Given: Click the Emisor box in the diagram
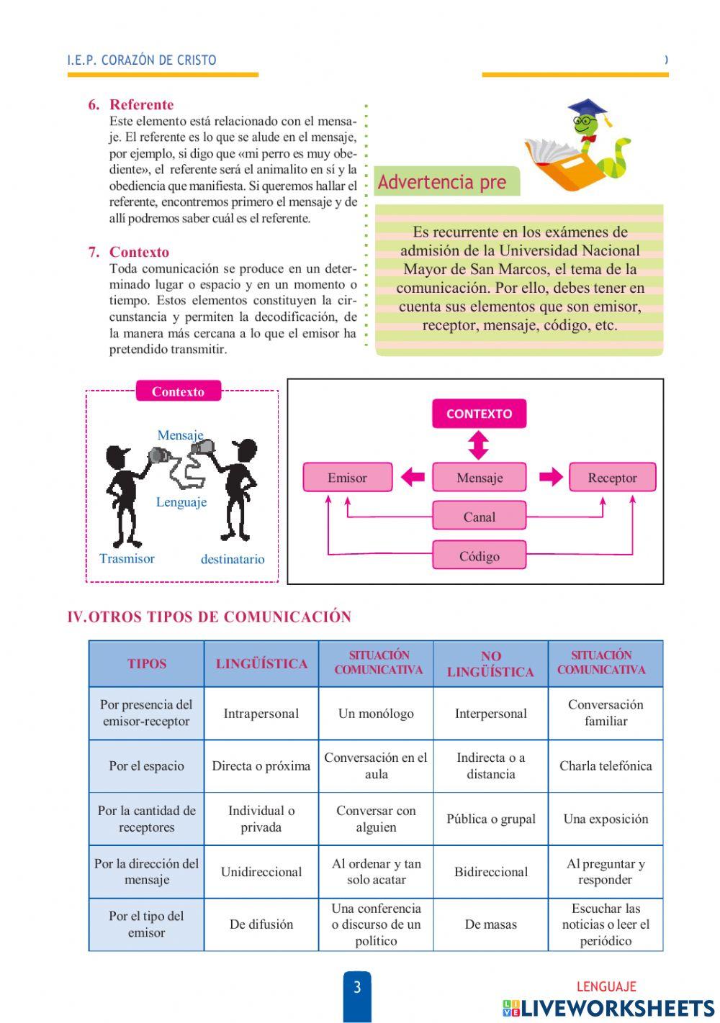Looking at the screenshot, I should (348, 478).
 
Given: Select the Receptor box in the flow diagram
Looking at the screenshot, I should (612, 478).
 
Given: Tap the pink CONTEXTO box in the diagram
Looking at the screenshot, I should (479, 414).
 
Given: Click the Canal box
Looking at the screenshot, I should (479, 517).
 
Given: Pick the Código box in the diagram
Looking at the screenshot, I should (479, 556).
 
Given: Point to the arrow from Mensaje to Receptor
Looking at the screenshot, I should (551, 477).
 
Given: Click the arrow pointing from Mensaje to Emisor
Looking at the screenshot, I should (413, 477).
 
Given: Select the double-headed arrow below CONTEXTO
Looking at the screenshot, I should (478, 445).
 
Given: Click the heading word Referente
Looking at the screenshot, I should (141, 105).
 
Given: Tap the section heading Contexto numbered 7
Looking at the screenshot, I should (139, 253).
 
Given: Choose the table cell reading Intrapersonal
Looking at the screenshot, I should (261, 714).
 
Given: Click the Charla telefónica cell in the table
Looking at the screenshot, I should (606, 766).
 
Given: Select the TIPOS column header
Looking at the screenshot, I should (147, 664).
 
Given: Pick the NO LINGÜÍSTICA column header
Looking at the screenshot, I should (490, 664).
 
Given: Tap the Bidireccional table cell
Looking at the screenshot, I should (491, 872).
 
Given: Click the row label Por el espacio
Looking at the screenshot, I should (147, 766).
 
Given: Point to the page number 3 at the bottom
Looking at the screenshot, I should (357, 987).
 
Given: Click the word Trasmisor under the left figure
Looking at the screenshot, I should (127, 559).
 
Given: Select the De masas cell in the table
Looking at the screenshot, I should (491, 924).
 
